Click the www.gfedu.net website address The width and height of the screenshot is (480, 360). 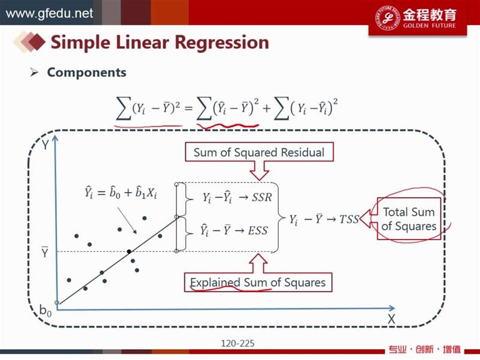pyautogui.click(x=49, y=13)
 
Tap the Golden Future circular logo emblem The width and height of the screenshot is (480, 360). pyautogui.click(x=387, y=17)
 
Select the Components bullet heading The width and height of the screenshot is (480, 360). pyautogui.click(x=86, y=73)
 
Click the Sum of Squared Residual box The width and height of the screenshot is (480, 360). pyautogui.click(x=259, y=152)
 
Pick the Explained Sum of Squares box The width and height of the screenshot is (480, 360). pyautogui.click(x=258, y=282)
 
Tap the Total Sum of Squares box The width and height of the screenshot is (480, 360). pyautogui.click(x=409, y=218)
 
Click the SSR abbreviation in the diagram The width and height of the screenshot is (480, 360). pyautogui.click(x=262, y=197)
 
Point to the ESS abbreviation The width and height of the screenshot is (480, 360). pyautogui.click(x=258, y=230)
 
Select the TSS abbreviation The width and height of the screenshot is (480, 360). pyautogui.click(x=349, y=219)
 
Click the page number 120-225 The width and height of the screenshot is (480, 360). pyautogui.click(x=238, y=343)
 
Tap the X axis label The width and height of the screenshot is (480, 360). pyautogui.click(x=391, y=319)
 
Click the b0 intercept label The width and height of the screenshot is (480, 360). pyautogui.click(x=46, y=310)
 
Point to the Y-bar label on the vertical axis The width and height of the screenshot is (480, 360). pyautogui.click(x=44, y=251)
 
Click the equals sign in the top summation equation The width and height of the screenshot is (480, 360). pyautogui.click(x=188, y=108)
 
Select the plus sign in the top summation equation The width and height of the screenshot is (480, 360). pyautogui.click(x=266, y=108)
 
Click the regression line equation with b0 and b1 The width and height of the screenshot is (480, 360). pyautogui.click(x=121, y=193)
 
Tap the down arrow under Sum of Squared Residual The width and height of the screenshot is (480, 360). pyautogui.click(x=259, y=171)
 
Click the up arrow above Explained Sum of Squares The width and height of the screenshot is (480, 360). pyautogui.click(x=259, y=263)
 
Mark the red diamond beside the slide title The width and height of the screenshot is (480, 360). pyautogui.click(x=36, y=41)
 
